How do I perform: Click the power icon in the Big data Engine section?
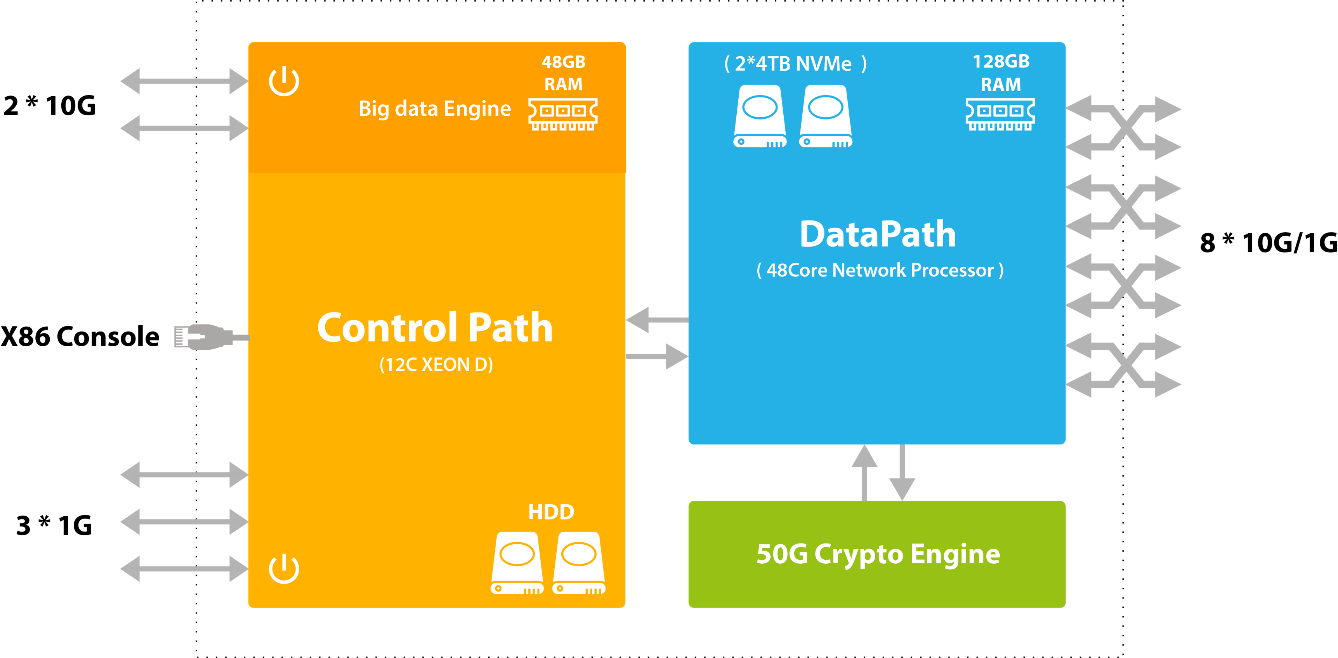pyautogui.click(x=284, y=81)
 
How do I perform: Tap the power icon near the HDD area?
pyautogui.click(x=284, y=568)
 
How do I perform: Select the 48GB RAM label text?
pyautogui.click(x=564, y=73)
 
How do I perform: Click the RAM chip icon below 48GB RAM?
pyautogui.click(x=563, y=114)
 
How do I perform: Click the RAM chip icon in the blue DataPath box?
pyautogui.click(x=1000, y=114)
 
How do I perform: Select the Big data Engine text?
pyautogui.click(x=435, y=109)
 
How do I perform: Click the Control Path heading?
pyautogui.click(x=435, y=328)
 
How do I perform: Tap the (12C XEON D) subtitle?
pyautogui.click(x=436, y=365)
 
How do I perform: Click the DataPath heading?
pyautogui.click(x=877, y=235)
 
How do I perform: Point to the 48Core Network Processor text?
pyautogui.click(x=880, y=270)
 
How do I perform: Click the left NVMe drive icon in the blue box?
pyautogui.click(x=760, y=116)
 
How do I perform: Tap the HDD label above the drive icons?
pyautogui.click(x=551, y=512)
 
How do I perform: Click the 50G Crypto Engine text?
pyautogui.click(x=878, y=554)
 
